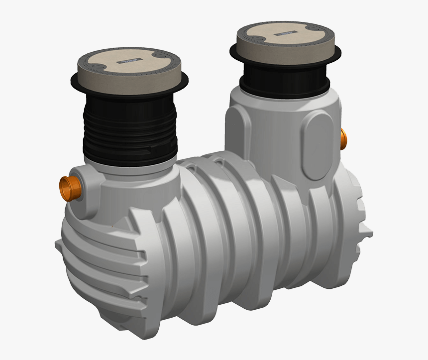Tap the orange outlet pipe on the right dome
pos(343,139)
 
